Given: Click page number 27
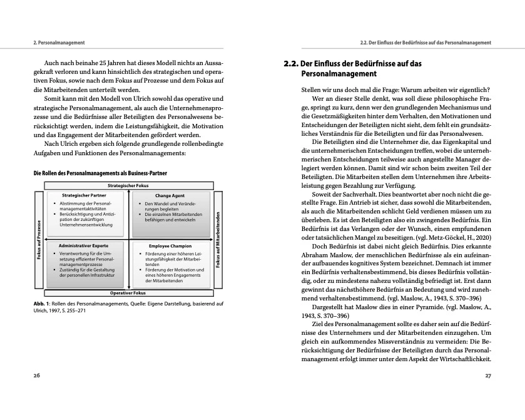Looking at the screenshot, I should (x=488, y=375).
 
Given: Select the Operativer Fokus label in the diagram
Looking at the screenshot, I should (x=128, y=292).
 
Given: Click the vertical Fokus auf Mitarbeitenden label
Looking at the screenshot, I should (x=218, y=238).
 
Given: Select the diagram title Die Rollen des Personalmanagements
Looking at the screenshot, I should (x=100, y=172).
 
